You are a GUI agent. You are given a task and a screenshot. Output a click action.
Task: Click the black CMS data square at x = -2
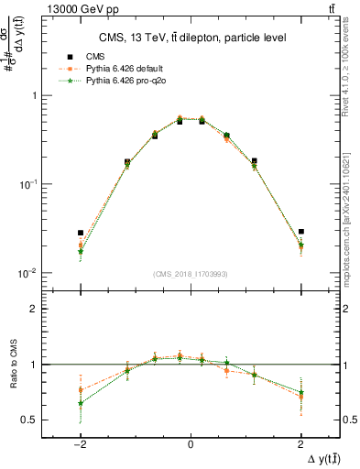pos(81,233)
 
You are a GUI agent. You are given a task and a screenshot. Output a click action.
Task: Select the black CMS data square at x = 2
pos(300,232)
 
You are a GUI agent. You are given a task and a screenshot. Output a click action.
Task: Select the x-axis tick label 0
pos(191,444)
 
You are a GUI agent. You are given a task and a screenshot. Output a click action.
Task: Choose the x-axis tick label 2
pos(300,444)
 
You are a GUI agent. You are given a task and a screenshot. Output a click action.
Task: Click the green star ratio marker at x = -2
pos(81,403)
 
